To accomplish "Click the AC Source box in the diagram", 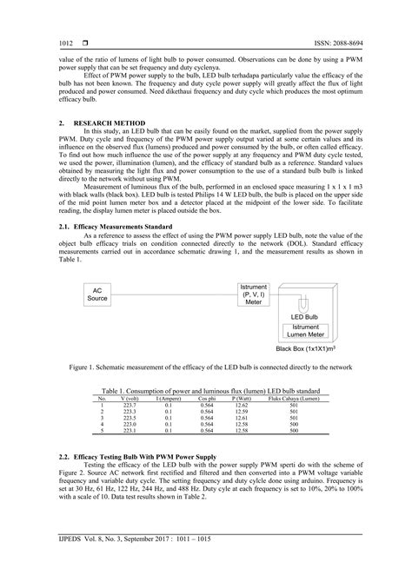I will point(97,295).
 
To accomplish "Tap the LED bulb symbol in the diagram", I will point(302,307).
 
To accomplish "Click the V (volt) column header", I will point(130,399).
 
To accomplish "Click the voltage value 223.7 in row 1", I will point(130,405).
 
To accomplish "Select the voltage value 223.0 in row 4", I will point(130,424).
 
